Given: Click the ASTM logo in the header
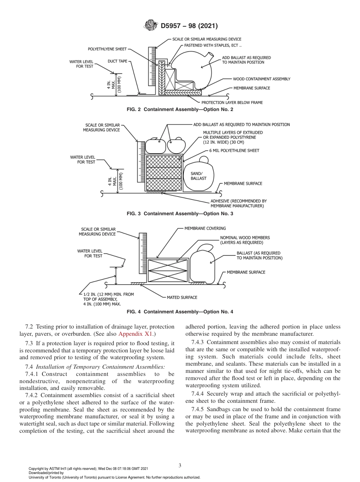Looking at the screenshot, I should (150, 26).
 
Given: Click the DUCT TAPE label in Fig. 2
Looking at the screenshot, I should (117, 61).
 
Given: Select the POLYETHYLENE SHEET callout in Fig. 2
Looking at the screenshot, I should (107, 49).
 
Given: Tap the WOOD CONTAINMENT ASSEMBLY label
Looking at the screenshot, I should (261, 79).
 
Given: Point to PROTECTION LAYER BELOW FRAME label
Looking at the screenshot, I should (232, 102).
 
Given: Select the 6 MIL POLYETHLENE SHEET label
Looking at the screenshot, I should (234, 150).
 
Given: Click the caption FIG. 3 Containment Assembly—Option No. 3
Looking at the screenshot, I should (180, 214).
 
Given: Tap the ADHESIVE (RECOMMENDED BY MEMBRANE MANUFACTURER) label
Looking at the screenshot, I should (238, 203).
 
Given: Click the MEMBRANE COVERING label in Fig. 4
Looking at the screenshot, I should (205, 228).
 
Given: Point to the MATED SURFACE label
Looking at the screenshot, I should (182, 297).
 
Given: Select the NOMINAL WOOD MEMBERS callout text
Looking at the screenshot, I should (245, 240).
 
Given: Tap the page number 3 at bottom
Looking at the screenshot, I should (180, 465).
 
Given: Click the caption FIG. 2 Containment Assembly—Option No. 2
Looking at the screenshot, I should (180, 110).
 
